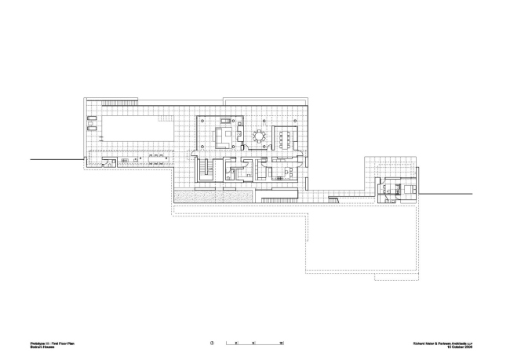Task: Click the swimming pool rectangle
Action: (133, 128)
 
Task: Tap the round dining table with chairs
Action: (260, 136)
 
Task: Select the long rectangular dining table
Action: (287, 137)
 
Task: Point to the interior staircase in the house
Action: (206, 169)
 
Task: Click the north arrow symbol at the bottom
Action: (212, 343)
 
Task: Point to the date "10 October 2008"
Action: (466, 347)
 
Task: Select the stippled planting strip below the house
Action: (213, 195)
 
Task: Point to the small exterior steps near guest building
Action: (334, 202)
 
